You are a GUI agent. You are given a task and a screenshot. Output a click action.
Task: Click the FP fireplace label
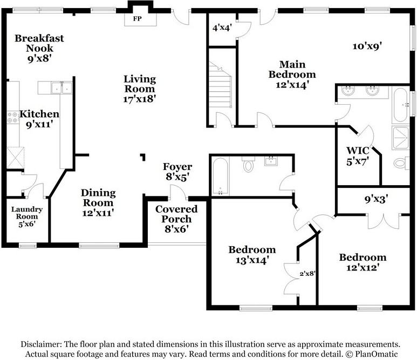[137, 19]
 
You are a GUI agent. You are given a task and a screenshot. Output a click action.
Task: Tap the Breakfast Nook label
[39, 43]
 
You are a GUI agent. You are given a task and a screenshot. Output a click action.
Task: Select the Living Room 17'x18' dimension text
[139, 99]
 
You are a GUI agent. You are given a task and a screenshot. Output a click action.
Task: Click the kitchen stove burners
[12, 117]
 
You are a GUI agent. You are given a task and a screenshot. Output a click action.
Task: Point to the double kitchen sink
[61, 88]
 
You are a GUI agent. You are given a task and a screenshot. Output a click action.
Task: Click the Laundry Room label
[26, 213]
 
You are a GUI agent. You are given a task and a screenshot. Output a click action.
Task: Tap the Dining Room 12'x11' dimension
[98, 213]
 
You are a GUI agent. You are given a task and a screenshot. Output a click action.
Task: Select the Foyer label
[177, 167]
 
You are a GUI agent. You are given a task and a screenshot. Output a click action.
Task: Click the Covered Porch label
[176, 214]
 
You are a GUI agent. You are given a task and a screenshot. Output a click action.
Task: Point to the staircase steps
[220, 85]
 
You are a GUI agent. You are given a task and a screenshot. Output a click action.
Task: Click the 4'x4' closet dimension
[222, 28]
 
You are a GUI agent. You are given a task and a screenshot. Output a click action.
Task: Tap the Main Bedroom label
[292, 69]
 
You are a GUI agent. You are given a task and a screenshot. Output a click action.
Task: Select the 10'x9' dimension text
[367, 46]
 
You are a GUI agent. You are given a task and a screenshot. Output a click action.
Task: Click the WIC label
[358, 151]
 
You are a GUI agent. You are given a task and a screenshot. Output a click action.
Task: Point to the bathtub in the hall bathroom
[220, 176]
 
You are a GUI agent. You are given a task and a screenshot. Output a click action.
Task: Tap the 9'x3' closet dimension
[376, 199]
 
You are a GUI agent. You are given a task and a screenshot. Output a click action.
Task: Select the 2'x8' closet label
[307, 273]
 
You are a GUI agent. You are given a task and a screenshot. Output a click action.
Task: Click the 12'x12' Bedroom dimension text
[363, 267]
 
